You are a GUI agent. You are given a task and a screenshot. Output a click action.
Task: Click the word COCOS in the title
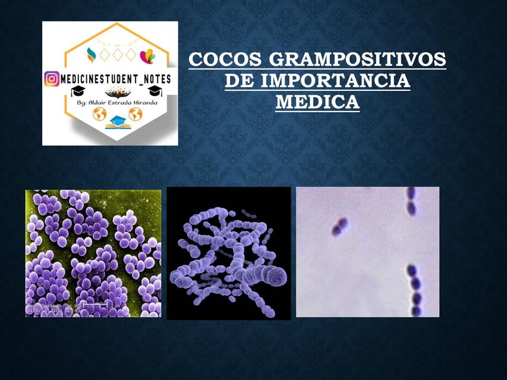225,60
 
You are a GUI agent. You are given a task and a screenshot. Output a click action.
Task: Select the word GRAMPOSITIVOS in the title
358,60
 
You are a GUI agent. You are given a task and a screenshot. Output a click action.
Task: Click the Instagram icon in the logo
52,78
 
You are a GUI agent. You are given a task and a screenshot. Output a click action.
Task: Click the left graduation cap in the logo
78,91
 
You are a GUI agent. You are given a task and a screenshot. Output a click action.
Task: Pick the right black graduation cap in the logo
155,90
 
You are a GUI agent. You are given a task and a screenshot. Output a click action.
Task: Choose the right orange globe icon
136,114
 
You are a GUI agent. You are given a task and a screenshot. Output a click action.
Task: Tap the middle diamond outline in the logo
116,54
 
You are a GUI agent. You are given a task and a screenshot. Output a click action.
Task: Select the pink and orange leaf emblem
147,56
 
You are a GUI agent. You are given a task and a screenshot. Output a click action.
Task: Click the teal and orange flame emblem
91,55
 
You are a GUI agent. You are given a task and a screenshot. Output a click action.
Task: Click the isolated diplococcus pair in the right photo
339,226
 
